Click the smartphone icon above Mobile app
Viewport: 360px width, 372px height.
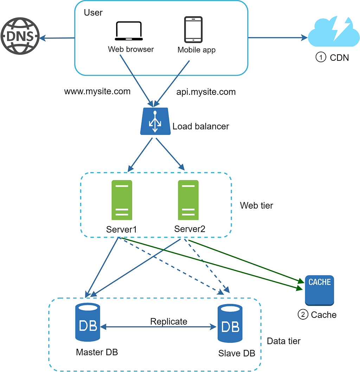pyautogui.click(x=194, y=30)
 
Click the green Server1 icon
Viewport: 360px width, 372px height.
pyautogui.click(x=122, y=200)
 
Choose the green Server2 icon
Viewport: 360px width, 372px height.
pyautogui.click(x=188, y=200)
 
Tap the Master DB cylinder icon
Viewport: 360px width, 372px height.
pyautogui.click(x=88, y=323)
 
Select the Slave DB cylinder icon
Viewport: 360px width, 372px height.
pyautogui.click(x=230, y=324)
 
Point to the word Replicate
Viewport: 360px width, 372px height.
pyautogui.click(x=169, y=321)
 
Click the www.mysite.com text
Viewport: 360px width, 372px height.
pyautogui.click(x=97, y=92)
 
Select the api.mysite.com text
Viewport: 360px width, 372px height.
pyautogui.click(x=206, y=92)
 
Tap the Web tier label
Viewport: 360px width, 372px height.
pyautogui.click(x=256, y=205)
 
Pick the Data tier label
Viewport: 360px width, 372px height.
pyautogui.click(x=284, y=341)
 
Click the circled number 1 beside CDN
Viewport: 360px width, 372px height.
pyautogui.click(x=321, y=58)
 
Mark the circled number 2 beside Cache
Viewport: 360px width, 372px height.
pyautogui.click(x=303, y=315)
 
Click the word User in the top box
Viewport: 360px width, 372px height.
pyautogui.click(x=93, y=13)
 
